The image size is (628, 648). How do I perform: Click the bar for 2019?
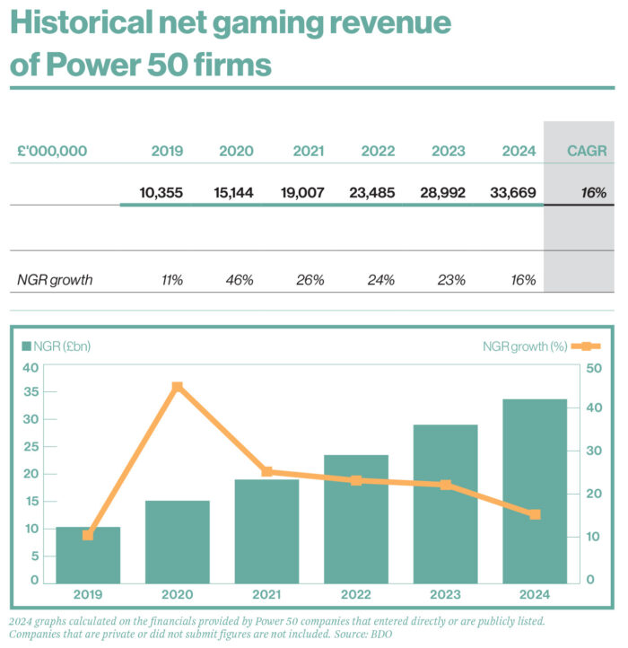88,554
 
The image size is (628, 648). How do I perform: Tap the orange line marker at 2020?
178,387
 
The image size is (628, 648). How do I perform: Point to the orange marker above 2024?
535,515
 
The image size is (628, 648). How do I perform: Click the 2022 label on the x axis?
356,593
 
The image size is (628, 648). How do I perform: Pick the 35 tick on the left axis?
31,391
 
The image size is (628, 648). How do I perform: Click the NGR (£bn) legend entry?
56,346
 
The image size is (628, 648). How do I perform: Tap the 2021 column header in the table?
309,151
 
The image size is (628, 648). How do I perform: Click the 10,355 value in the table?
161,192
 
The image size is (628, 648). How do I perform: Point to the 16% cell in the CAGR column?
593,192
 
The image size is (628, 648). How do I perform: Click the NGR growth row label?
55,280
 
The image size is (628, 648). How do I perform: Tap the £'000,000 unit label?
52,151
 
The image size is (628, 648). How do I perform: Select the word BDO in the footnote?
379,634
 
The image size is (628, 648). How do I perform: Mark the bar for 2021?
266,530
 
